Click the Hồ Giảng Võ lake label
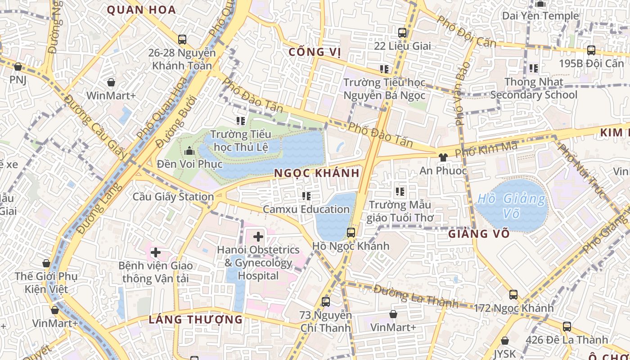[x=512, y=205]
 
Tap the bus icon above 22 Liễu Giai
[x=402, y=33]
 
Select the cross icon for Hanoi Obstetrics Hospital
[x=258, y=236]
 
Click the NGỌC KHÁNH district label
[x=317, y=173]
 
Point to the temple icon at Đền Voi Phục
[x=189, y=151]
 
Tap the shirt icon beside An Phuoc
[x=443, y=157]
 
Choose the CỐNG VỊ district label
[x=315, y=52]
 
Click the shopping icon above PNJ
[x=18, y=67]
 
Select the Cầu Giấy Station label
[x=173, y=197]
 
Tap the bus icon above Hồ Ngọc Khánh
[x=351, y=233]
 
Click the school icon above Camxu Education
[x=306, y=196]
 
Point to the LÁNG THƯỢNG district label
[x=196, y=319]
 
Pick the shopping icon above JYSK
[x=505, y=341]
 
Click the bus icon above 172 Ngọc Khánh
[x=513, y=295]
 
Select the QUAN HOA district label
[x=141, y=10]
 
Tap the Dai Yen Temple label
[x=540, y=16]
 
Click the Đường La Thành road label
[x=415, y=296]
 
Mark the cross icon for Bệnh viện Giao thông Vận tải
[x=156, y=252]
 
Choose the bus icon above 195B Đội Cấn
[x=591, y=50]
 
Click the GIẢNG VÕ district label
[x=479, y=234]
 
